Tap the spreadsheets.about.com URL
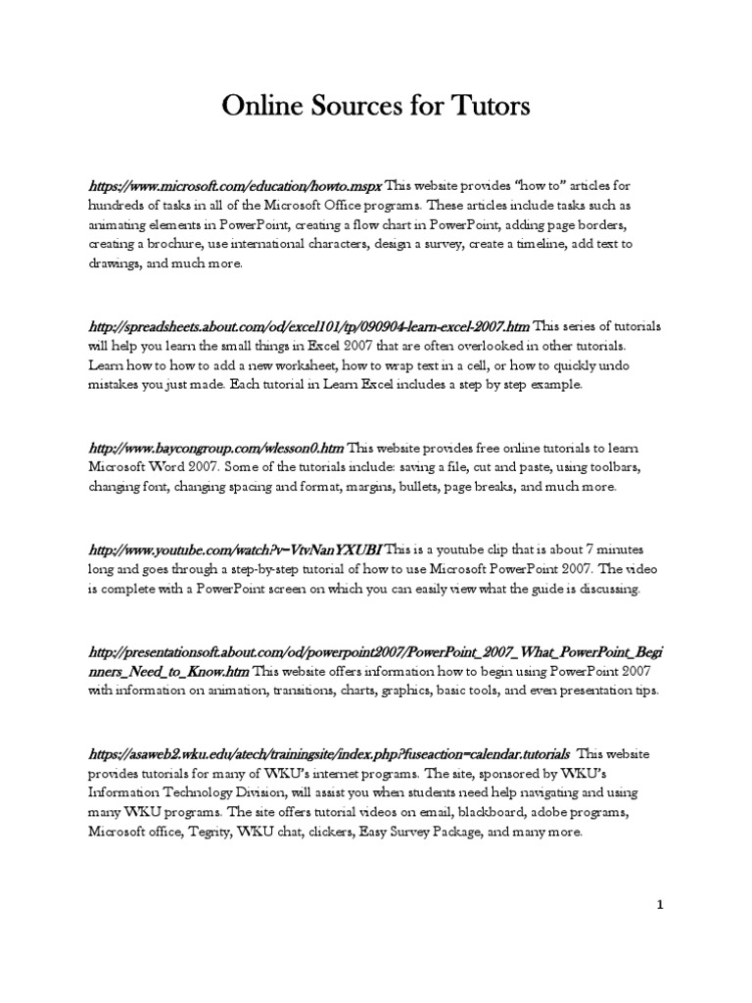click(x=307, y=325)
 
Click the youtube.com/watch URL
click(x=234, y=549)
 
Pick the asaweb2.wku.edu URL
click(x=327, y=754)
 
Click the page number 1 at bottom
click(x=660, y=905)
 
